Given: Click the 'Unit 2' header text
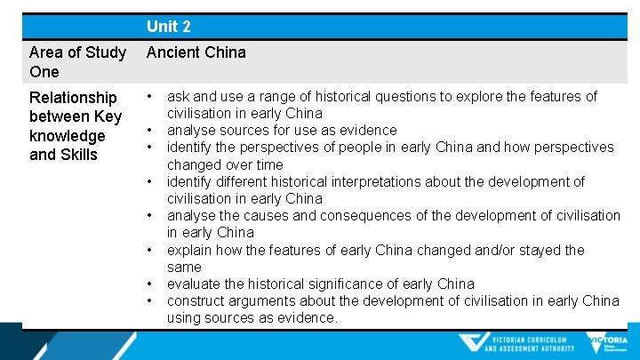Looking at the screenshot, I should click(169, 27).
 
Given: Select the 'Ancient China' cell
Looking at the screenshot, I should click(196, 52).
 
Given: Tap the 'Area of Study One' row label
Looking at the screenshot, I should click(77, 61).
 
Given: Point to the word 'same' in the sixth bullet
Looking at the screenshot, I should click(184, 267).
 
